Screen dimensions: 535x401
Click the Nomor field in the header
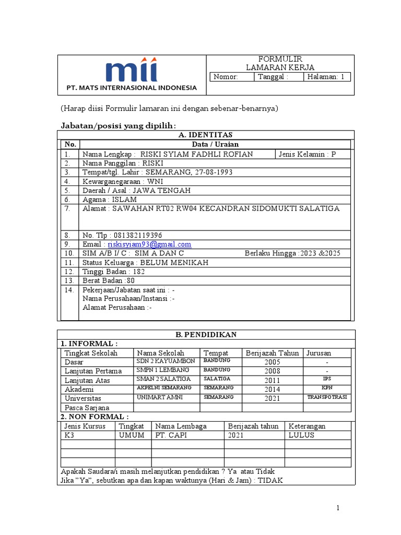point(231,77)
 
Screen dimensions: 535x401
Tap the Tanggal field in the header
point(279,77)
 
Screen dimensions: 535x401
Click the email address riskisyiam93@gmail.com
point(149,244)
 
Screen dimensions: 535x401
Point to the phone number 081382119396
point(138,235)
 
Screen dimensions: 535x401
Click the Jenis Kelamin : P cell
point(307,154)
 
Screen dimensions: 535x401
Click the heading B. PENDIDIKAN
point(206,334)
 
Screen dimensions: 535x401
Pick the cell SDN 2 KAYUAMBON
point(166,362)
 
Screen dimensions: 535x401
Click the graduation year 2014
point(272,389)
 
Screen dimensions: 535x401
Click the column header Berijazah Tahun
point(272,353)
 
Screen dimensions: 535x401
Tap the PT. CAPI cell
point(171,435)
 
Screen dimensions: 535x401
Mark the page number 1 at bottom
point(338,508)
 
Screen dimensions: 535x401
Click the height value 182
point(138,272)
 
